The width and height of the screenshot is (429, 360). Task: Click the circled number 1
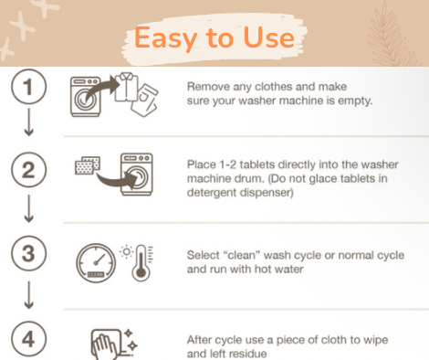29,87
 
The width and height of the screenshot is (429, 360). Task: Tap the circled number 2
29,170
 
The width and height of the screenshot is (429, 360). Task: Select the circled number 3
29,253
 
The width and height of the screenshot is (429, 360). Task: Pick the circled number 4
29,339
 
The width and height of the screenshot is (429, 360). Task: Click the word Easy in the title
165,38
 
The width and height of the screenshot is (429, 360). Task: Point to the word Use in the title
269,37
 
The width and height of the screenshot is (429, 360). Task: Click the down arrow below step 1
29,122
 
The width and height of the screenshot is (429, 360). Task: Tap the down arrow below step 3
29,295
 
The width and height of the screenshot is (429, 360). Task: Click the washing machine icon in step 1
86,97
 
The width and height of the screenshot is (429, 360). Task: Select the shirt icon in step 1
126,87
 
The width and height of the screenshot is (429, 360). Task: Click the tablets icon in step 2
88,165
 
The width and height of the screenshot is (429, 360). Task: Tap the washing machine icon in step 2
137,175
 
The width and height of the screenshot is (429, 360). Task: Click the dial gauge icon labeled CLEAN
96,263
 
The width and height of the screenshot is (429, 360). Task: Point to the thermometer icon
141,262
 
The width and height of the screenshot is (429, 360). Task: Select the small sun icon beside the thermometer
126,252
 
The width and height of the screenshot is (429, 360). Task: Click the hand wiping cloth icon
107,344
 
